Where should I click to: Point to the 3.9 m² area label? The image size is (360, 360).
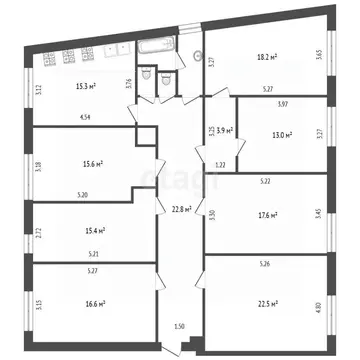pos(224,131)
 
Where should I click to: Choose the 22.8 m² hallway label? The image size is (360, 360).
pos(180,208)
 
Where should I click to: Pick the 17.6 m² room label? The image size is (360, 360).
pos(266,214)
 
